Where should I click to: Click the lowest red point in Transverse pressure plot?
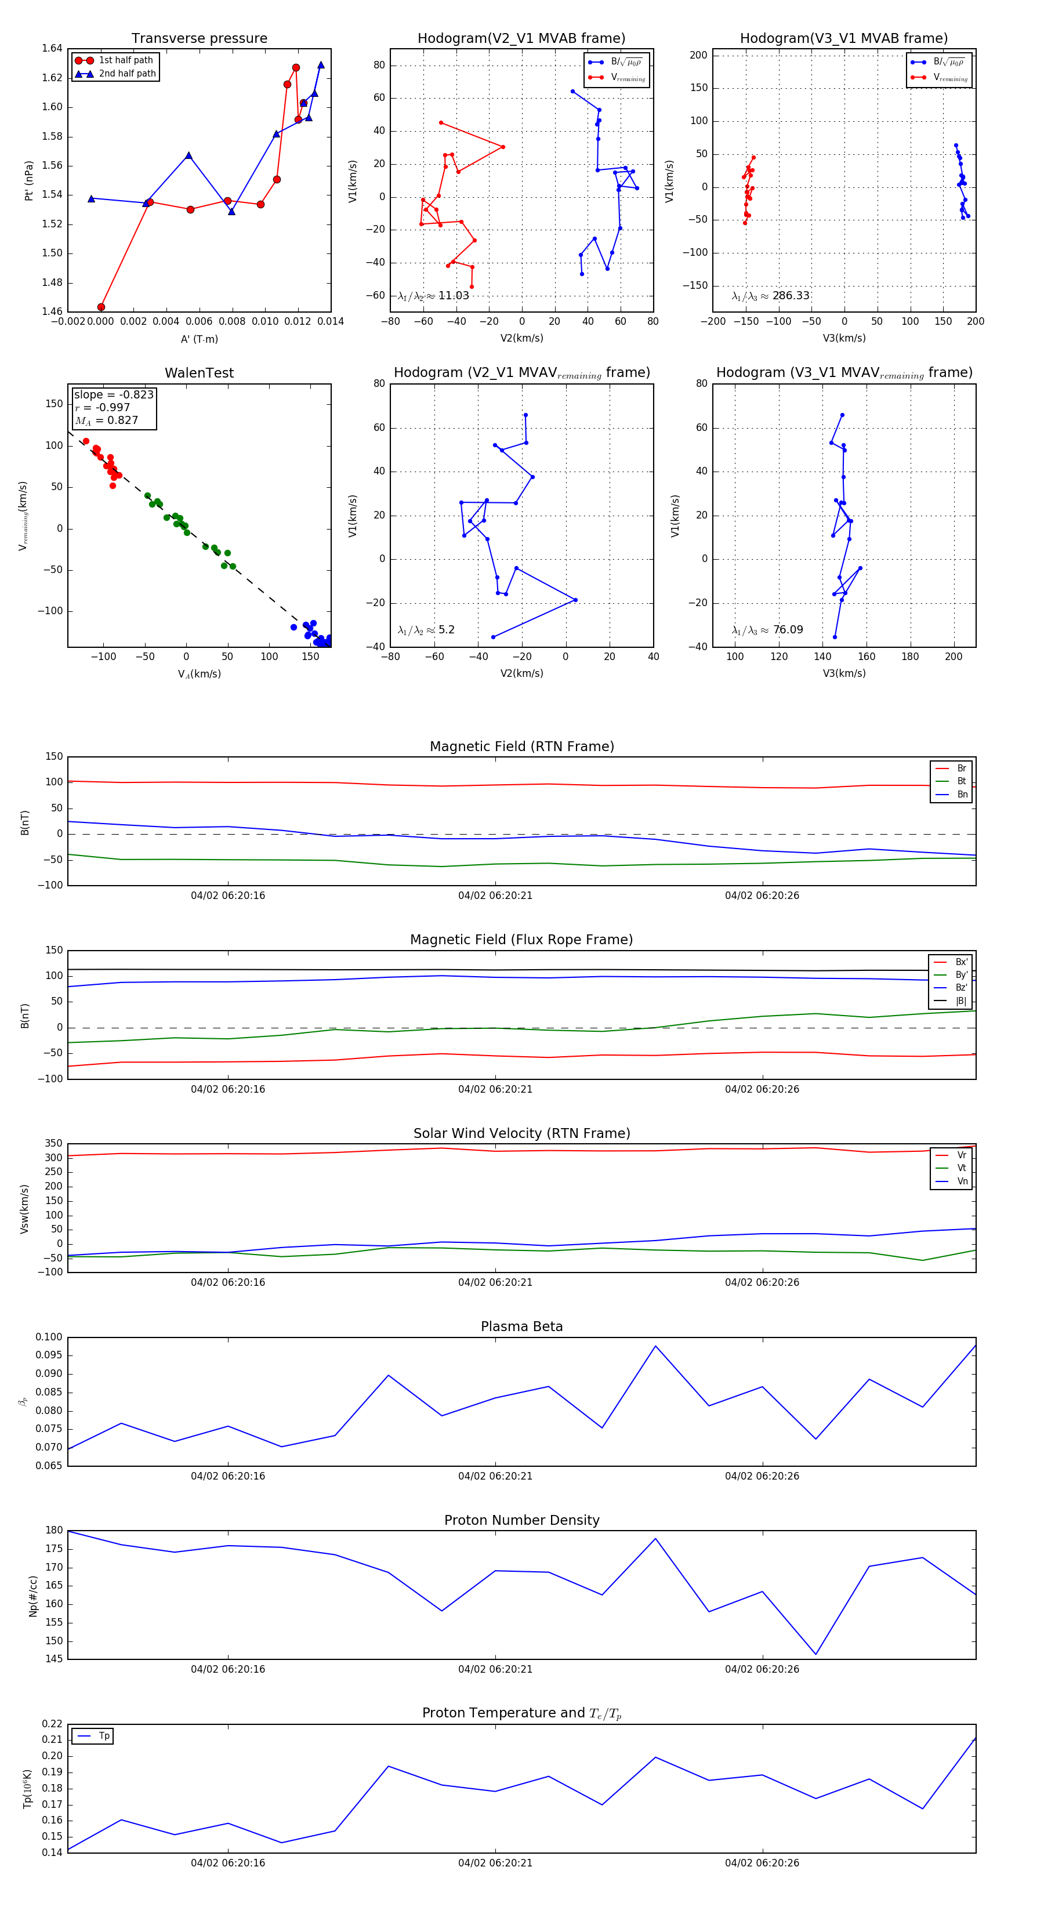[x=101, y=307]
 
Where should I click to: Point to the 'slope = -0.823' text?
[x=114, y=394]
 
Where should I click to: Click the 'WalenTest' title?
[x=199, y=373]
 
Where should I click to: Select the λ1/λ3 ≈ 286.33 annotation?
[x=771, y=296]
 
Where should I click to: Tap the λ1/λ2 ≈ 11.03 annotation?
[x=433, y=296]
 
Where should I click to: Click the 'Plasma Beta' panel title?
[x=521, y=1327]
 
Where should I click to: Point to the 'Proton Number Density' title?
[x=521, y=1520]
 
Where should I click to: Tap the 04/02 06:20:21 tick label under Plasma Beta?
[x=495, y=1476]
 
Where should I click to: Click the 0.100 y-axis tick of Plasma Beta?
[x=49, y=1337]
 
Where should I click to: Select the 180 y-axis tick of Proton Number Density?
[x=53, y=1531]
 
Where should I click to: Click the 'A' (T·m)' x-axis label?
[x=199, y=339]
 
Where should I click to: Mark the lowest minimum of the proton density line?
[x=816, y=1655]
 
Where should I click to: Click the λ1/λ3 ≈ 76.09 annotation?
[x=767, y=630]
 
